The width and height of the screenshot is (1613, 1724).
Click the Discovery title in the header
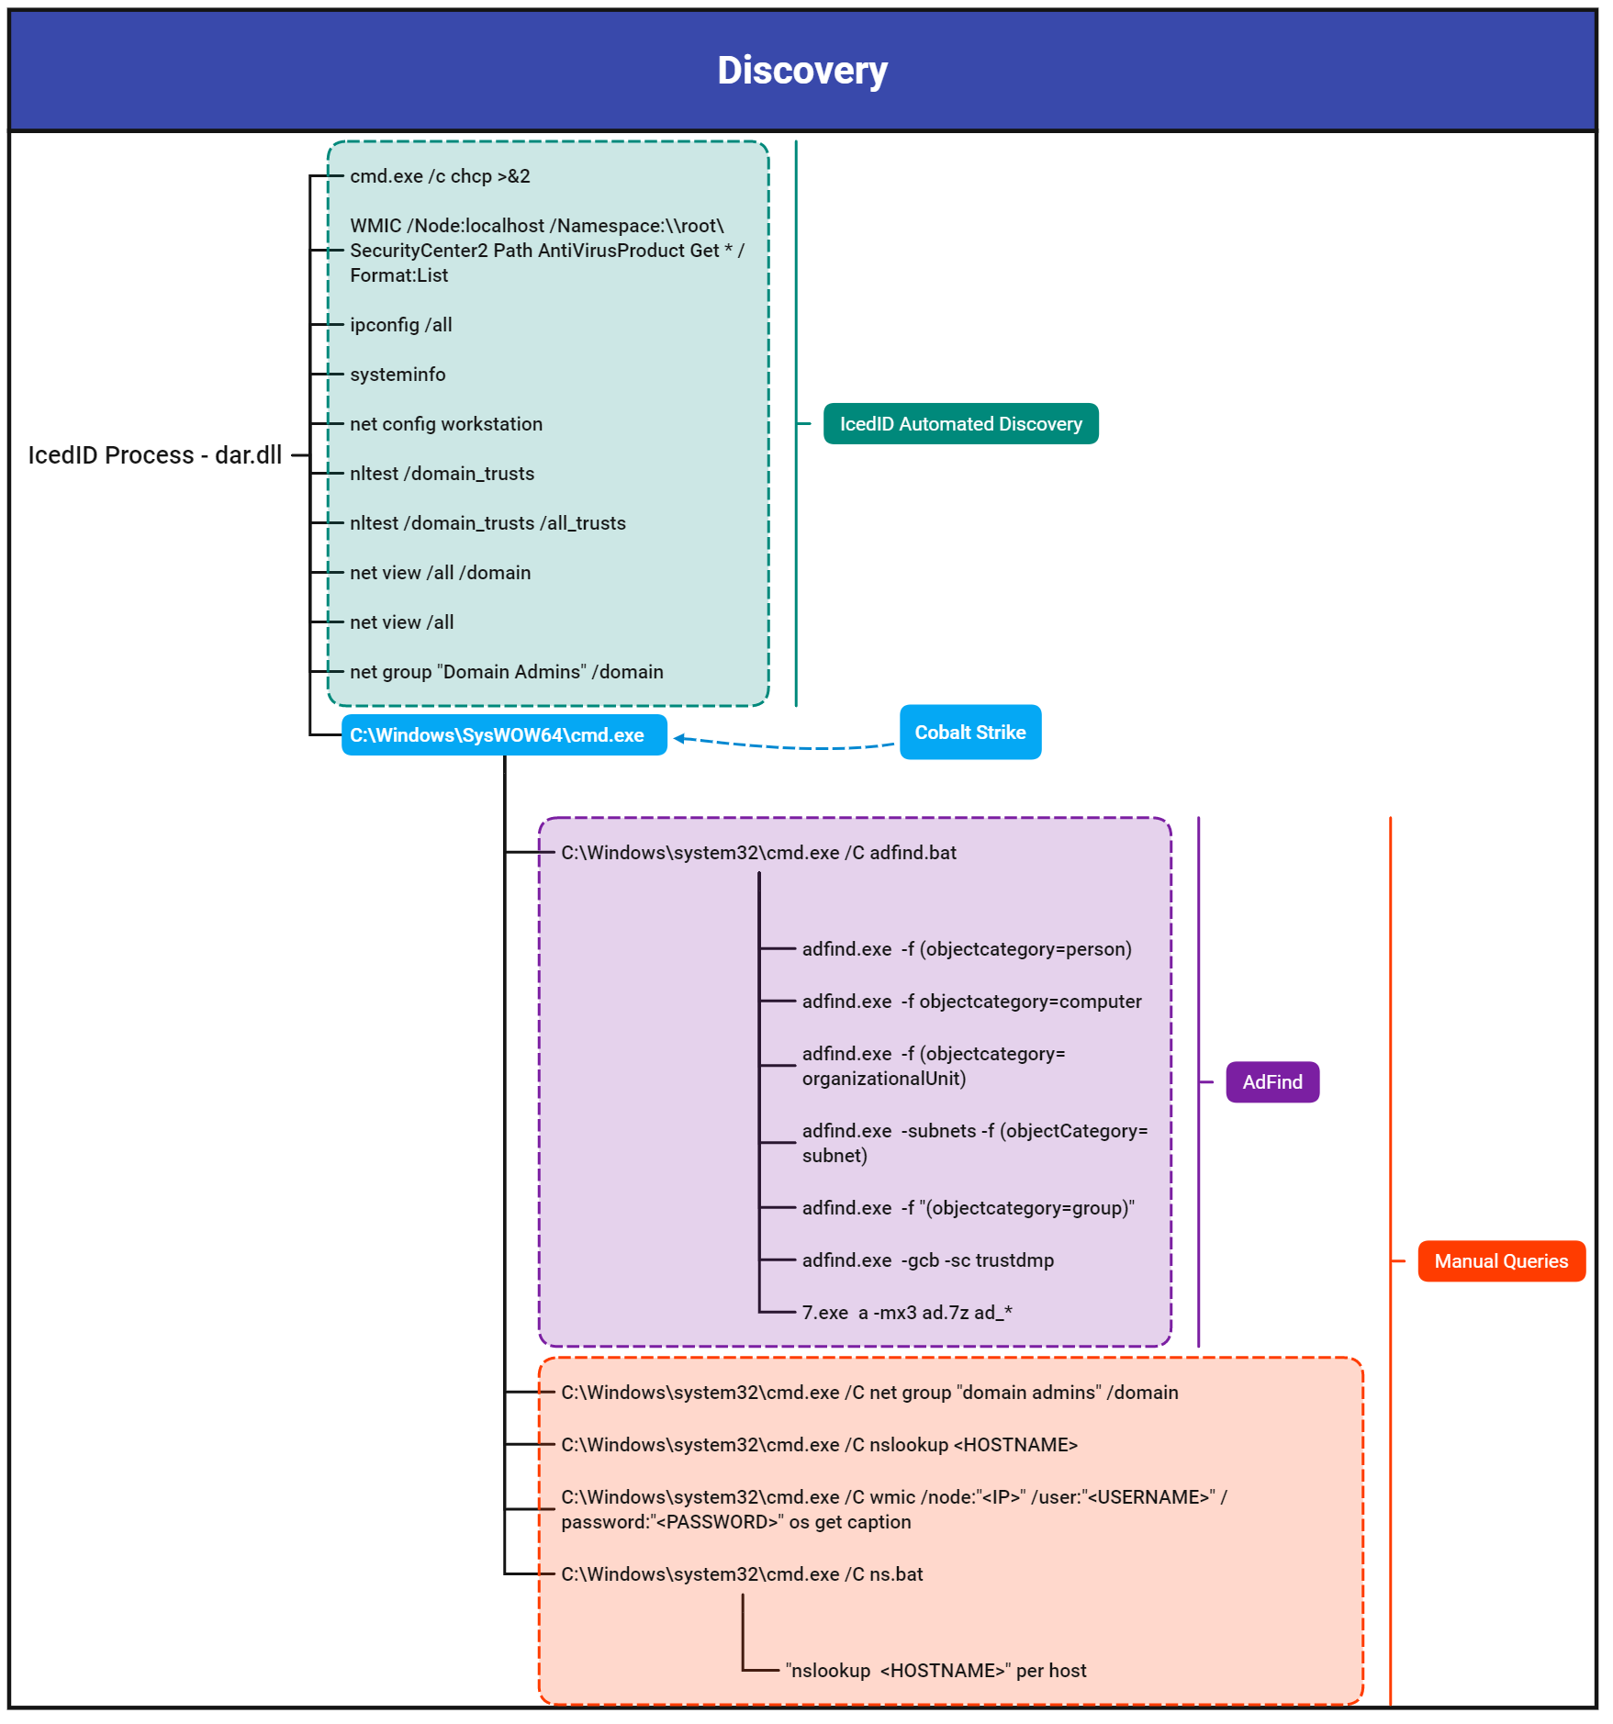click(802, 71)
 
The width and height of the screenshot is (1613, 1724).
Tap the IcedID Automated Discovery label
click(960, 423)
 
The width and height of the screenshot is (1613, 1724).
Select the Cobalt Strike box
click(970, 732)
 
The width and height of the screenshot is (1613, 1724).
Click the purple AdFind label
click(1272, 1082)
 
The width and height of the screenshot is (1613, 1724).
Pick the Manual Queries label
click(1501, 1261)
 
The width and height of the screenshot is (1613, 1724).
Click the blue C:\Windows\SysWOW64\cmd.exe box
click(504, 735)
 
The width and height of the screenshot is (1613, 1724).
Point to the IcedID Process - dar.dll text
click(155, 455)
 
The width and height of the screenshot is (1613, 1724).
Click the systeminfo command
click(398, 375)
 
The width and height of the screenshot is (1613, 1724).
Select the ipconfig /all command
click(401, 325)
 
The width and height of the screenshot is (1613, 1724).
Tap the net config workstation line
click(446, 424)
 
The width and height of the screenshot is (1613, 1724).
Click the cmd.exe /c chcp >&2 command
click(440, 176)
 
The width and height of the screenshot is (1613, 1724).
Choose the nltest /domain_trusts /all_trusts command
click(487, 523)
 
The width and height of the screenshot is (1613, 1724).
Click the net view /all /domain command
click(441, 573)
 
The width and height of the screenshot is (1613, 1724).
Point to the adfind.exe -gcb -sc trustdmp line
click(928, 1260)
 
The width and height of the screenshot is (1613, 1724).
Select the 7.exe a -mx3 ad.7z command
click(907, 1313)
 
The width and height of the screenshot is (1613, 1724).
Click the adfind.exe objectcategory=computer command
click(972, 1002)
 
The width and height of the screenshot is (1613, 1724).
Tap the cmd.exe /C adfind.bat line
click(759, 853)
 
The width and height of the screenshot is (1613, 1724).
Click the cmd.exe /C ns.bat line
click(743, 1574)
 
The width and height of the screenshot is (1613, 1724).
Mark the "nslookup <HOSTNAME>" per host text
click(935, 1671)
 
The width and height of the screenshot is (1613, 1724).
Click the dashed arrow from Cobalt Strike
click(784, 746)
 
